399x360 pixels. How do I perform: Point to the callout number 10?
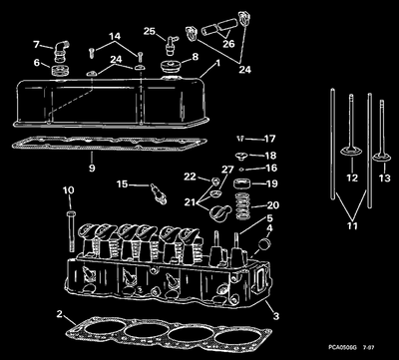69,189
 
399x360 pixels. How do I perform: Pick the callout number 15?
121,184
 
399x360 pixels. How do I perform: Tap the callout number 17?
270,139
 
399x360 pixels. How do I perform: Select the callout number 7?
37,44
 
